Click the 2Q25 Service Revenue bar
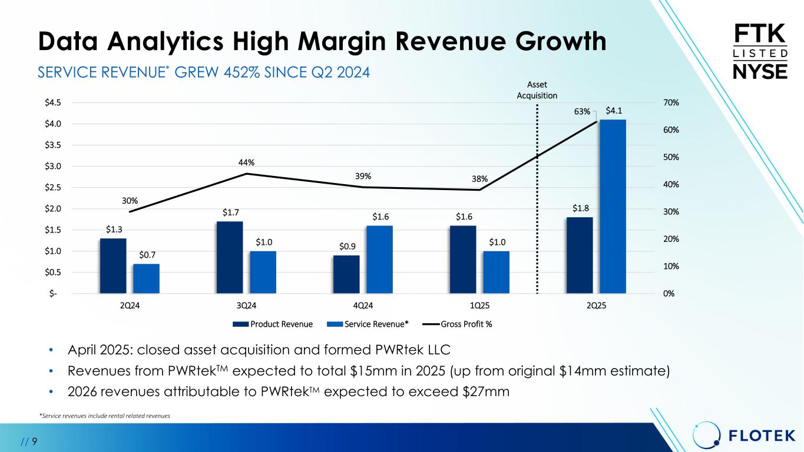[613, 206]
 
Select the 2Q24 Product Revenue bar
[113, 265]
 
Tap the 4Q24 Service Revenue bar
[379, 260]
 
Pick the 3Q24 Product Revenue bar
[230, 257]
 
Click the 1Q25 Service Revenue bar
[496, 272]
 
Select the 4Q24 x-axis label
[362, 305]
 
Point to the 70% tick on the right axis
[671, 102]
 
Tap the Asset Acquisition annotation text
[537, 90]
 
